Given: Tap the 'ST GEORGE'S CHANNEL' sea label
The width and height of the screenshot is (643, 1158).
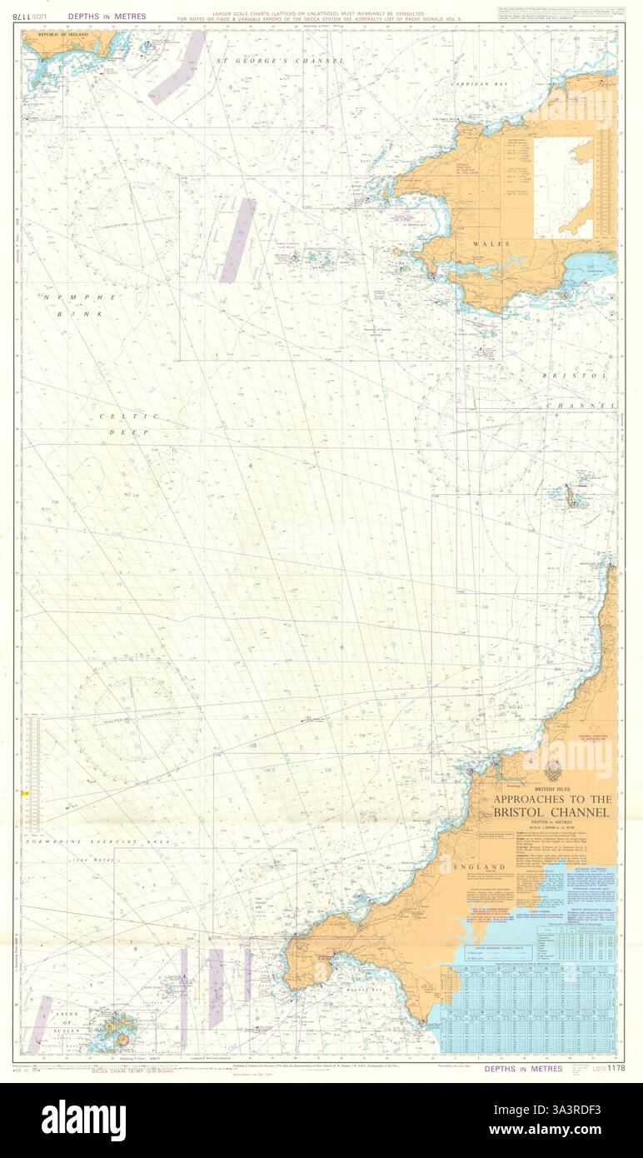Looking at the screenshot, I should pyautogui.click(x=279, y=61).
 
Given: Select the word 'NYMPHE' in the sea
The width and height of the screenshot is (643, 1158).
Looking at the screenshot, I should pyautogui.click(x=72, y=297).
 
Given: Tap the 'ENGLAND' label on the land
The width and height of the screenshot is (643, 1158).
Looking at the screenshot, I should pyautogui.click(x=479, y=867).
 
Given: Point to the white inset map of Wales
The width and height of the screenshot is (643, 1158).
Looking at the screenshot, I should pyautogui.click(x=563, y=188).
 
